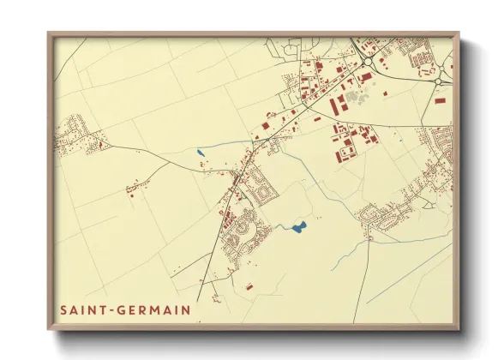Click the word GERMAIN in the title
click(x=159, y=309)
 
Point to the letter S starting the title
click(x=63, y=309)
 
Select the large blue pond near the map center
click(x=298, y=227)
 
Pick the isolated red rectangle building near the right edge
click(x=441, y=100)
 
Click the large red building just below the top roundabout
click(x=365, y=77)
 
